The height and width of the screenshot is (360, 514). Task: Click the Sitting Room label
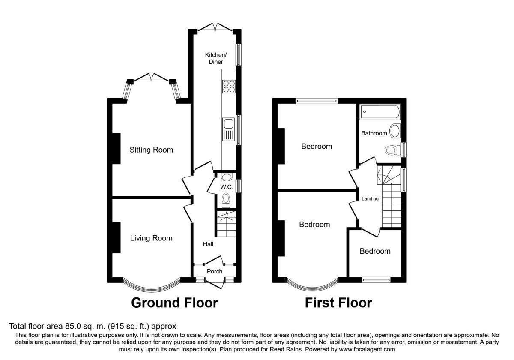pos(151,150)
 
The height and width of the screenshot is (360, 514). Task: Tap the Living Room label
pos(151,238)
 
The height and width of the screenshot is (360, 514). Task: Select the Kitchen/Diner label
pos(216,58)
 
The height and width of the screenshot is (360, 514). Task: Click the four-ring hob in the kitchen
pos(229,86)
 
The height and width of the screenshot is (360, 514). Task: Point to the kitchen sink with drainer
pos(228,129)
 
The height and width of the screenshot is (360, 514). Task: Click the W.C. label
pos(227,187)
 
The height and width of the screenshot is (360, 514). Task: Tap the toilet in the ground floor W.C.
pos(226,201)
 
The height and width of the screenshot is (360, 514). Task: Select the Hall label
pos(208,244)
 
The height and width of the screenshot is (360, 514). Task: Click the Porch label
pos(215,271)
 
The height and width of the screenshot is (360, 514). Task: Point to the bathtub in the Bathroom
pos(380,112)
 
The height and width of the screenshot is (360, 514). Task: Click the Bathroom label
pos(374,133)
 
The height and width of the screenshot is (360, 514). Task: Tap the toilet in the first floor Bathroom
pos(393,150)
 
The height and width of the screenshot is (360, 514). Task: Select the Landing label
pos(370,198)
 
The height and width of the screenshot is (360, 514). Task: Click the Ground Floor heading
pos(174,303)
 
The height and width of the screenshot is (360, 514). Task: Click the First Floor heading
pos(338,303)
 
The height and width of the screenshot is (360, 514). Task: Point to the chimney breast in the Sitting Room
pos(116,149)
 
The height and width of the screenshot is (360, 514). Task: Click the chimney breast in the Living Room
pos(116,237)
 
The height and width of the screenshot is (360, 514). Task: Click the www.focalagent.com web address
pos(367,349)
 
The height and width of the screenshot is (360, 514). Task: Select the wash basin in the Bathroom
pos(395,131)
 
